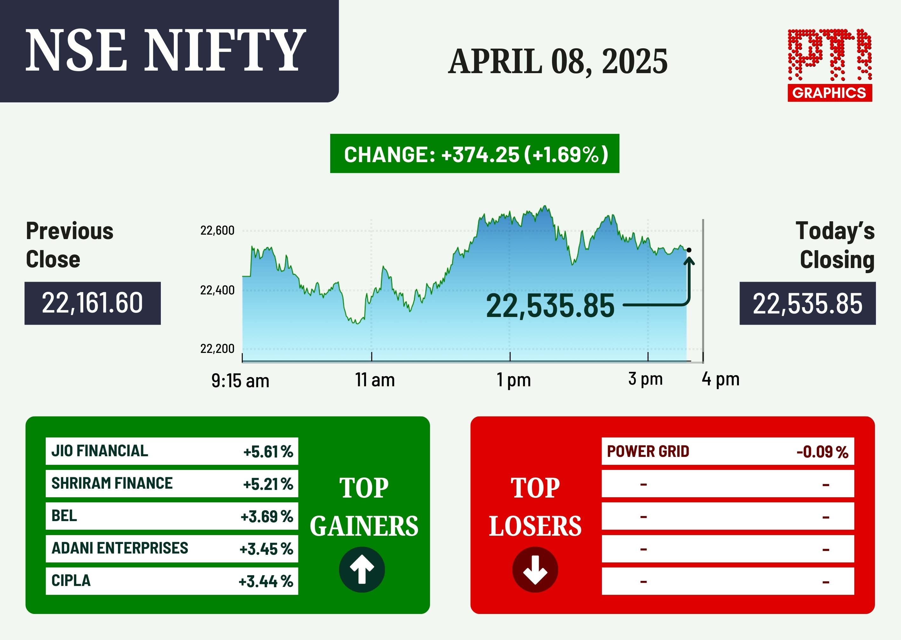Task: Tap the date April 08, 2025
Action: point(558,61)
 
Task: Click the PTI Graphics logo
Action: point(830,65)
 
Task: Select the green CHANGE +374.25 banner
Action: point(474,153)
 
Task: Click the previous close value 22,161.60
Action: point(92,303)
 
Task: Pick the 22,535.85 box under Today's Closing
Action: point(808,303)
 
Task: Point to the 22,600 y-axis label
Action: point(217,231)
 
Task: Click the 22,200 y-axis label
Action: point(217,349)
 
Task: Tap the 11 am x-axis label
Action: point(375,380)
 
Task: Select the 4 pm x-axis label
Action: point(720,379)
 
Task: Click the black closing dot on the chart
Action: point(689,250)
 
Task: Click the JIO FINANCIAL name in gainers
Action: point(100,451)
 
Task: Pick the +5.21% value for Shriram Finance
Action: point(268,484)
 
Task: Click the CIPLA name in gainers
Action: point(71,581)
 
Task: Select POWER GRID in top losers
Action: point(648,451)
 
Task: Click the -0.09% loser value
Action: point(822,452)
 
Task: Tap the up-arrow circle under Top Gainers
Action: point(362,569)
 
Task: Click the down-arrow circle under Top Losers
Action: point(535,569)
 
